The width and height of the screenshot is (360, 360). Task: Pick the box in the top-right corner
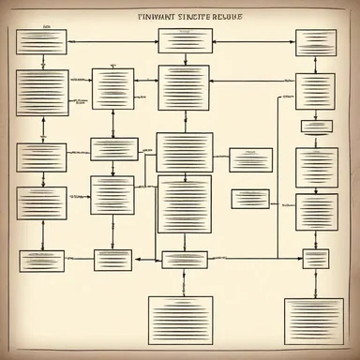(315, 42)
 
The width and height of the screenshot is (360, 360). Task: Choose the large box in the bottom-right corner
(313, 322)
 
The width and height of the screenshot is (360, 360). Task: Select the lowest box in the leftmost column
(41, 260)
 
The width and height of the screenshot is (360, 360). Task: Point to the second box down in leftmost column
(41, 92)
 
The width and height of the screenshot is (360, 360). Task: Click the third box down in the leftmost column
(41, 157)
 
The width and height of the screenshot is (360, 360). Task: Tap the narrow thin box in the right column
(315, 127)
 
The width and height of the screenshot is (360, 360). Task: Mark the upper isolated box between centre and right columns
(250, 159)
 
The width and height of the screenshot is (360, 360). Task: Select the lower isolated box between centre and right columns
(250, 199)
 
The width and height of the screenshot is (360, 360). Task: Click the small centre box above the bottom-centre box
(184, 260)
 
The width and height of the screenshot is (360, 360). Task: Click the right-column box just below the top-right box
(315, 92)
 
